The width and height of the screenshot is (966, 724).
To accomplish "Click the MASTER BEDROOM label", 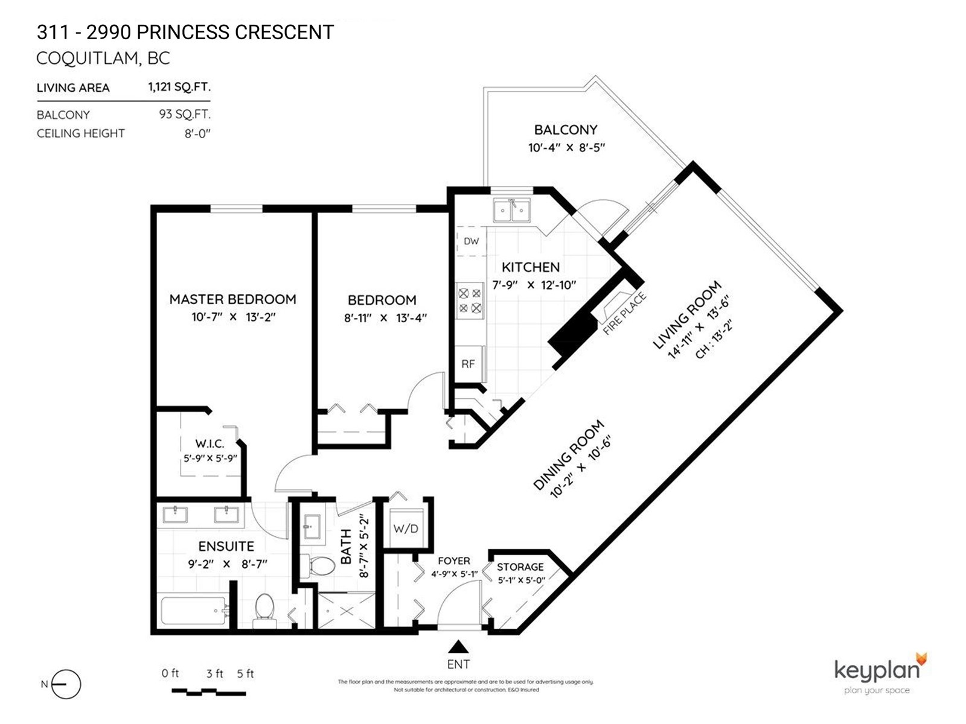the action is (x=232, y=299).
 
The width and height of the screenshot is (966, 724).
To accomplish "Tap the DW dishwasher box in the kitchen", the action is (x=472, y=241).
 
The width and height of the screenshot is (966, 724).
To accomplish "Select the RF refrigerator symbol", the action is (x=469, y=364).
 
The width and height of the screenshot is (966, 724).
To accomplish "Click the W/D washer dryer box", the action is (x=406, y=528).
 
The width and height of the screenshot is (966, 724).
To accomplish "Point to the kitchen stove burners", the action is (x=470, y=300).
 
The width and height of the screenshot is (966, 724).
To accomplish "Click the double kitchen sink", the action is (x=511, y=210).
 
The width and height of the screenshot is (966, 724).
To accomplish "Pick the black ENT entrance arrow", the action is (x=459, y=647).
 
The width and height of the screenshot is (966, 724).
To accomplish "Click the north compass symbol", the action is (x=66, y=684).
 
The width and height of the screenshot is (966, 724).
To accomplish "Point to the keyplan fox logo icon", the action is (x=921, y=660).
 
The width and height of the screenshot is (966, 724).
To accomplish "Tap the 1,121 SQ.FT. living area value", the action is (x=179, y=87).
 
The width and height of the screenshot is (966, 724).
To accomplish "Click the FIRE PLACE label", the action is (x=624, y=313).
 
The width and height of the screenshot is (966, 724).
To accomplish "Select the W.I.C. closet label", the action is (x=210, y=443).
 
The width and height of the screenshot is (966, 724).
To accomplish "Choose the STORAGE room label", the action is (x=520, y=567).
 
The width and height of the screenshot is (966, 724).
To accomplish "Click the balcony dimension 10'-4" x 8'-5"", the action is (x=566, y=148).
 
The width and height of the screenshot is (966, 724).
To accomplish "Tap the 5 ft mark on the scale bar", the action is (x=246, y=673).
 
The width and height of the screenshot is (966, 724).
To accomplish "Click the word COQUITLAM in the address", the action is (x=86, y=59).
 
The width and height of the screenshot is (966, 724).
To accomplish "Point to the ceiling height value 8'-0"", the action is (x=197, y=133).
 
